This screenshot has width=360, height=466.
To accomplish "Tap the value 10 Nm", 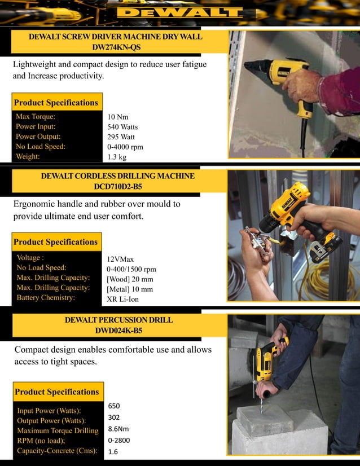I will pyautogui.click(x=118, y=117).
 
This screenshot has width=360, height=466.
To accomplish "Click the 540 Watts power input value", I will pyautogui.click(x=122, y=127).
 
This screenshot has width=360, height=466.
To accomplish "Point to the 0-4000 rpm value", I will pyautogui.click(x=125, y=147).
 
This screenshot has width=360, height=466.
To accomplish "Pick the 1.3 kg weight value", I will pyautogui.click(x=117, y=157).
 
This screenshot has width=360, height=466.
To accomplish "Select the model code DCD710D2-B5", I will pyautogui.click(x=118, y=186).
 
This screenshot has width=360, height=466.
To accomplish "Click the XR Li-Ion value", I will pyautogui.click(x=122, y=299).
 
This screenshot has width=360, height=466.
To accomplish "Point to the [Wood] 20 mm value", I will pyautogui.click(x=130, y=279).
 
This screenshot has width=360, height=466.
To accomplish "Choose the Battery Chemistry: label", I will pyautogui.click(x=46, y=297).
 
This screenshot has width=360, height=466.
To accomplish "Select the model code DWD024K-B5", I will pyautogui.click(x=118, y=330).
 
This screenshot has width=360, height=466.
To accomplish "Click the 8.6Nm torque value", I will pyautogui.click(x=118, y=429).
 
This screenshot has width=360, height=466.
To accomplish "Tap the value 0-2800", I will pyautogui.click(x=119, y=440).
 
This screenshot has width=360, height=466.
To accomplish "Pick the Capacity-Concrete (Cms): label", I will pyautogui.click(x=57, y=451).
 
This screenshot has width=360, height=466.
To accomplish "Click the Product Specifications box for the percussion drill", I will pyautogui.click(x=56, y=392).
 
